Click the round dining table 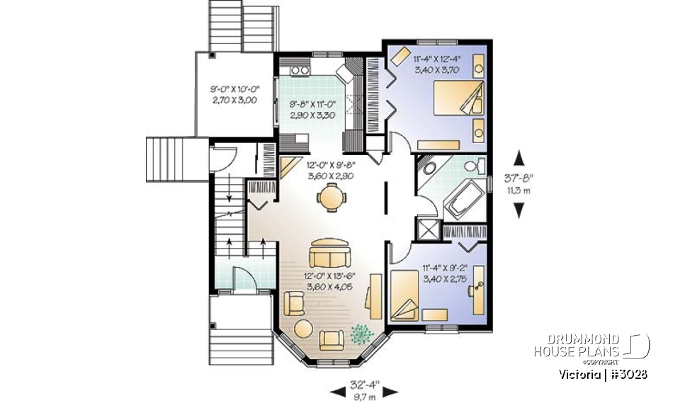point(330,198)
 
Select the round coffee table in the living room point(303,331)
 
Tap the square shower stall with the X point(427,229)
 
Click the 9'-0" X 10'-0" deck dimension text point(234,96)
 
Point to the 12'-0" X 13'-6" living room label point(329,281)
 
